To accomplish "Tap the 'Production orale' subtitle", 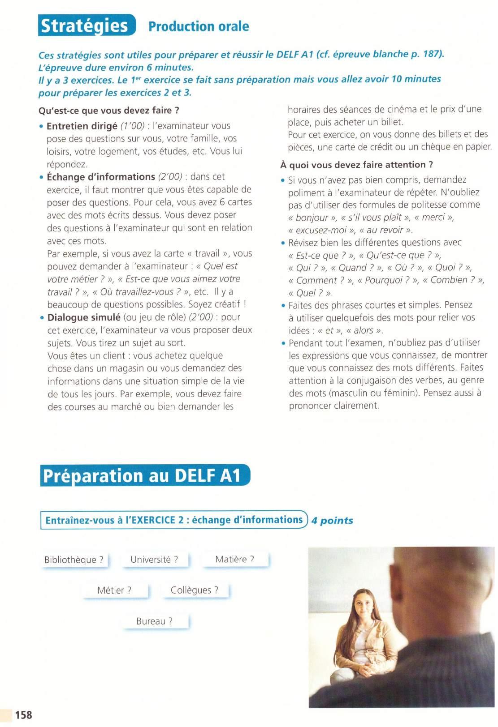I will (199, 26).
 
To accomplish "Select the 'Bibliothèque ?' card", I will (74, 560).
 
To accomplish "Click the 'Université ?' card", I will (155, 559).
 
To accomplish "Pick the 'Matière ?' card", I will (235, 559).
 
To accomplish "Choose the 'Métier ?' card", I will (115, 590).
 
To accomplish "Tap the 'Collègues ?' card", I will (195, 590).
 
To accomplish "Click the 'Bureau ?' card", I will (155, 621).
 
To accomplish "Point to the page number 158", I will (23, 714).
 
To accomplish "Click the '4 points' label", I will (332, 520).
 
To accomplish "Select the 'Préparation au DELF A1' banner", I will (145, 475).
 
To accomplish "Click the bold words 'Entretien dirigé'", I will (82, 126).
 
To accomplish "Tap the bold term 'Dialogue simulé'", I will (84, 317).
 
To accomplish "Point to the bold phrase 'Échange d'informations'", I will (101, 177).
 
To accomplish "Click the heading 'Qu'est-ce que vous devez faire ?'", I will (109, 110).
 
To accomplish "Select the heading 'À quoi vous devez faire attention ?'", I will (357, 165).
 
